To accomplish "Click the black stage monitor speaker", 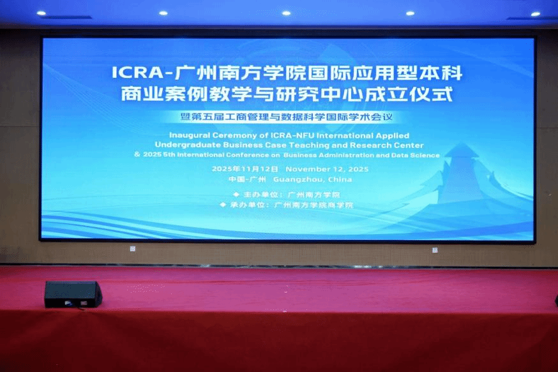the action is point(73,294).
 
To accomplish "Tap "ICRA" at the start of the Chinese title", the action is point(137,73).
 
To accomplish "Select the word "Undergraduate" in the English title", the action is point(188,145).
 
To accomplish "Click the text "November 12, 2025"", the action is point(327,169).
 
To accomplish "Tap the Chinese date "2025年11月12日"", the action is point(245,169).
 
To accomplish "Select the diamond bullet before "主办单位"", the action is point(236,195).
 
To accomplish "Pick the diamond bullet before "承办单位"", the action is point(223,204).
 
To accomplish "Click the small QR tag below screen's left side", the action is point(133,249).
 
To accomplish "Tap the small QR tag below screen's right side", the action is point(435,250).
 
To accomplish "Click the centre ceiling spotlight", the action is point(286,13).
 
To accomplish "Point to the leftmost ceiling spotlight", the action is point(41,13).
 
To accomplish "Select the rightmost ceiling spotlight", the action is point(536,14).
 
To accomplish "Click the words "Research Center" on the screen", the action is point(387,145).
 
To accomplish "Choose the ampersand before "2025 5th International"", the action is point(137,154).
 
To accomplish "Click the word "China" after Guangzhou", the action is point(340,179).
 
